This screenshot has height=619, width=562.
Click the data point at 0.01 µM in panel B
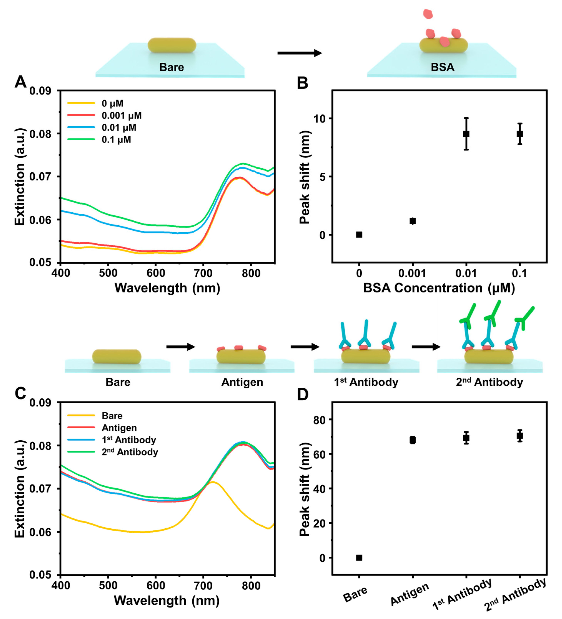pyautogui.click(x=466, y=134)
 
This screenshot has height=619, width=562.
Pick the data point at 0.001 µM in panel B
pyautogui.click(x=413, y=221)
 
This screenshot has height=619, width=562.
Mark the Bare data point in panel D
pyautogui.click(x=359, y=558)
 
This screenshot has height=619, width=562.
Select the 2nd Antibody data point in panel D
pyautogui.click(x=520, y=436)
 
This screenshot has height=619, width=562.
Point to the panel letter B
pyautogui.click(x=303, y=83)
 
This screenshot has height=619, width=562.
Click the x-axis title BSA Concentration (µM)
pyautogui.click(x=439, y=288)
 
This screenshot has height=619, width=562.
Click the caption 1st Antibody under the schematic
pyautogui.click(x=366, y=382)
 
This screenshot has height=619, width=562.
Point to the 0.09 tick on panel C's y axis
pyautogui.click(x=40, y=403)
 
